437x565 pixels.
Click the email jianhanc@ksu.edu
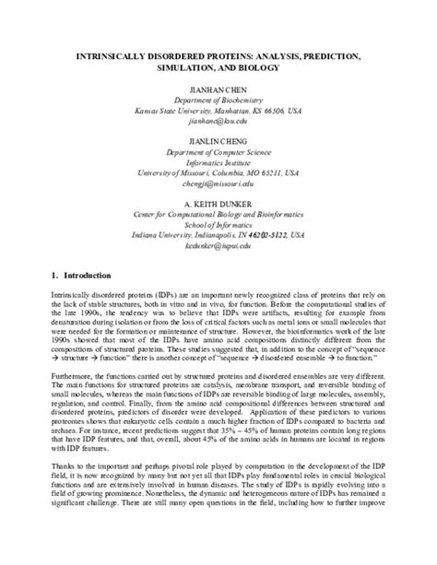tap(218, 121)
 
